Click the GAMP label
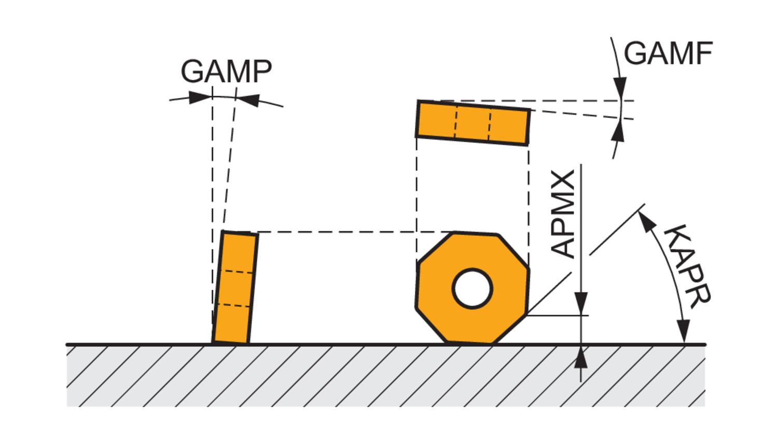pos(226,71)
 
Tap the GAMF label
pos(668,53)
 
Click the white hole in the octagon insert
pos(472,289)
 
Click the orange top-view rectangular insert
pos(473,123)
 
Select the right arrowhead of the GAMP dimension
pos(248,100)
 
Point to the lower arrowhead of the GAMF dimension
pos(617,133)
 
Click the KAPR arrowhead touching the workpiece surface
pos(684,332)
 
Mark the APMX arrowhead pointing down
pos(582,303)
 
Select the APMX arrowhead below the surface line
pos(582,357)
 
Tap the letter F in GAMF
pos(704,53)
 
